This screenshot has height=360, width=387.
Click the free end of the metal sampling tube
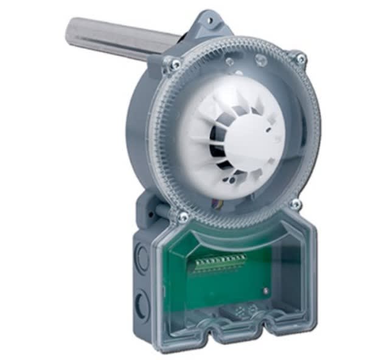click(71, 32)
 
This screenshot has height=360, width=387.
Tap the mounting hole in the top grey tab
click(211, 21)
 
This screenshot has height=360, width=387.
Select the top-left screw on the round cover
click(174, 63)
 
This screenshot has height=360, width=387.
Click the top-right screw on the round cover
click(300, 58)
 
